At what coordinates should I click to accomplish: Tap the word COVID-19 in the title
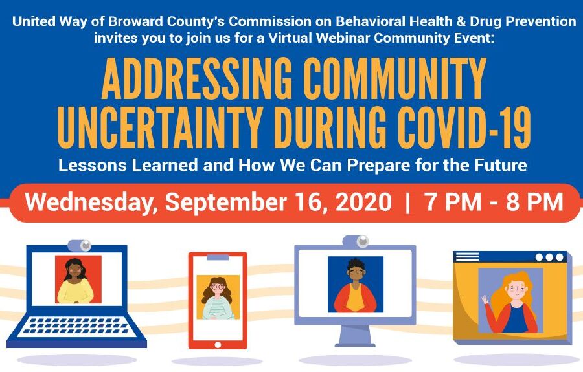coord(464,127)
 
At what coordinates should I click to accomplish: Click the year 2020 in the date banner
coord(363,202)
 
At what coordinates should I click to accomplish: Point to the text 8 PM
coord(534,202)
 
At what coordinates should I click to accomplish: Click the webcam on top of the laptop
coord(80,245)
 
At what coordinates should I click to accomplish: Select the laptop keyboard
coord(76,327)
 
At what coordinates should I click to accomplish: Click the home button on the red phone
coord(218,345)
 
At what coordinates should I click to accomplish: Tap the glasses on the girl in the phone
coord(218,287)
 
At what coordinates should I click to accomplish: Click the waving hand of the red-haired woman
coord(485,300)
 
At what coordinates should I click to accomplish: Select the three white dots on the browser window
coord(549,257)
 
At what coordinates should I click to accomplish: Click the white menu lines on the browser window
coord(467,257)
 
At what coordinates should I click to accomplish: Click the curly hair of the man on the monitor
coord(355,265)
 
